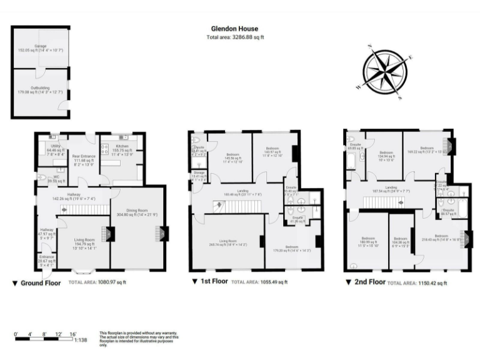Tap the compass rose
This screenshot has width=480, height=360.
(x=384, y=72)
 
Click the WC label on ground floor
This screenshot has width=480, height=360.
(x=54, y=177)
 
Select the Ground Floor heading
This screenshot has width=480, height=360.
(x=41, y=282)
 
